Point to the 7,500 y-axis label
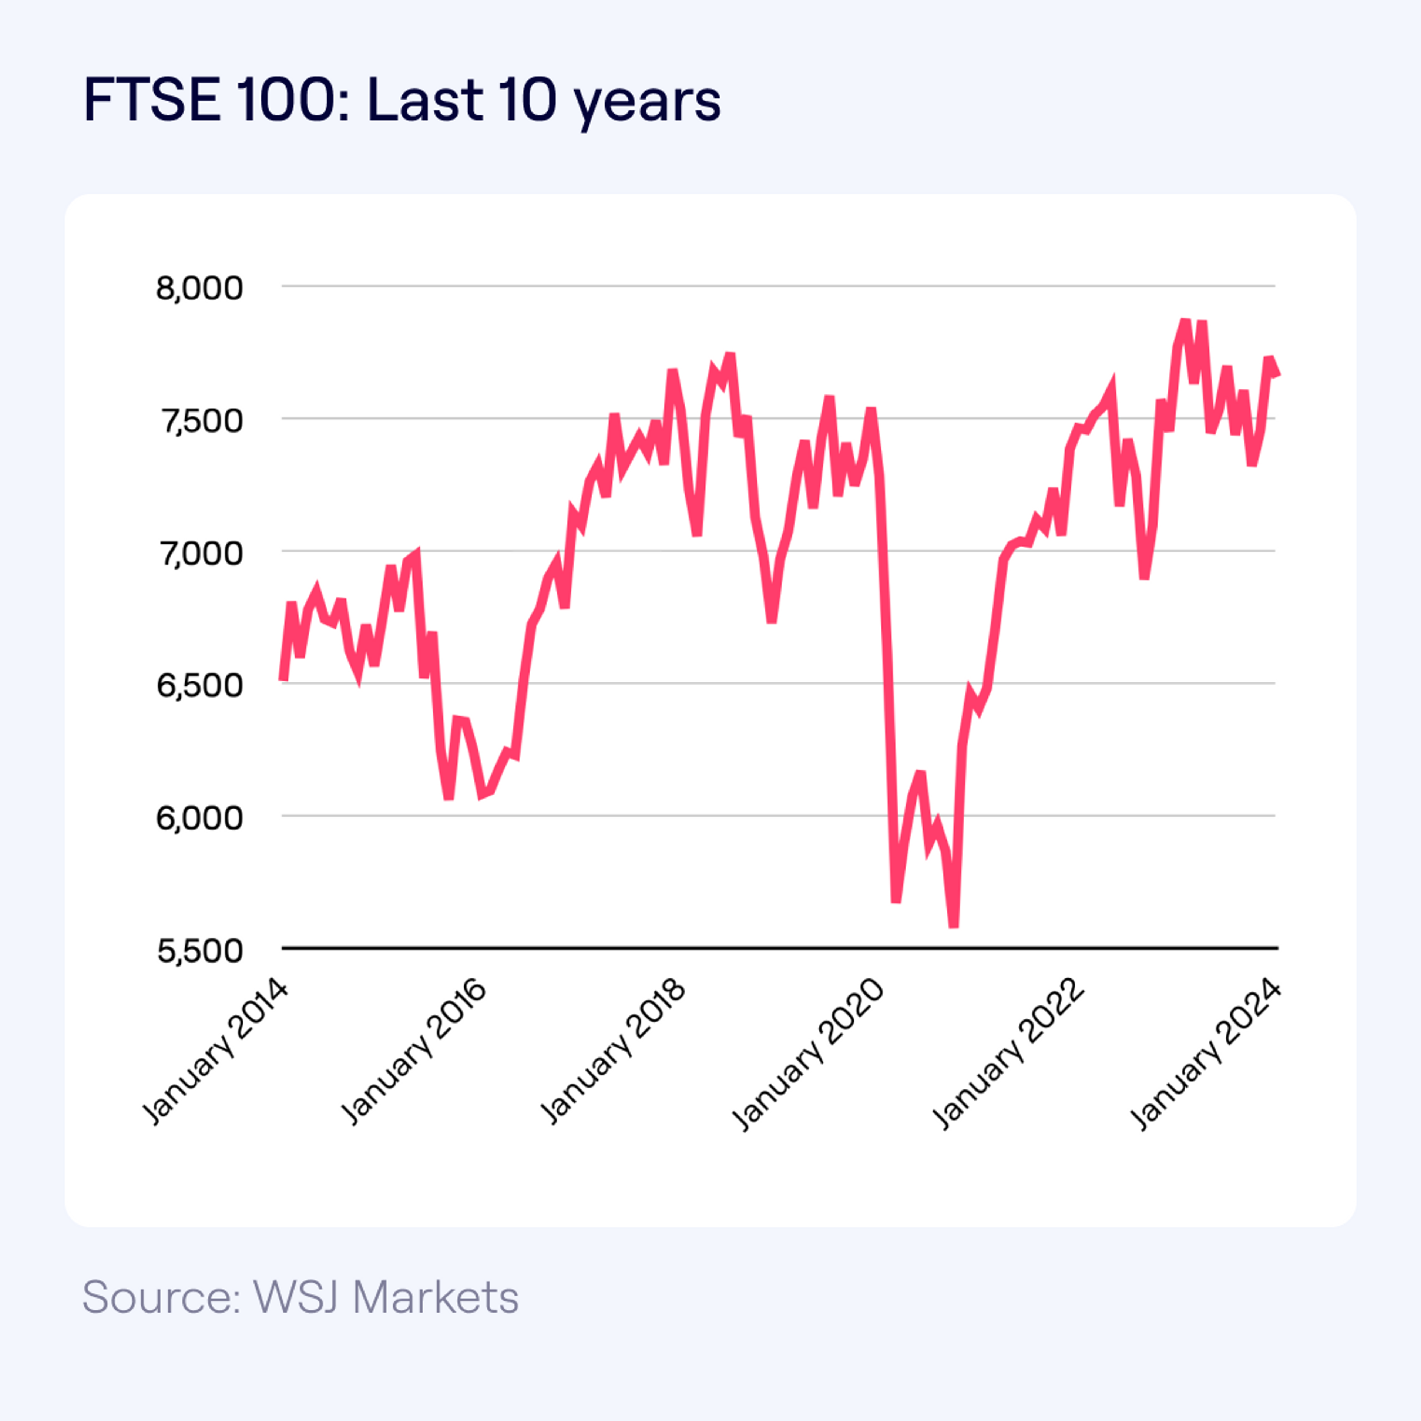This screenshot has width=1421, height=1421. [x=199, y=421]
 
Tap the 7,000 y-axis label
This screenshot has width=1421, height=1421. [x=199, y=553]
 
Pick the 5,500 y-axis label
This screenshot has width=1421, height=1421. [x=199, y=950]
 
